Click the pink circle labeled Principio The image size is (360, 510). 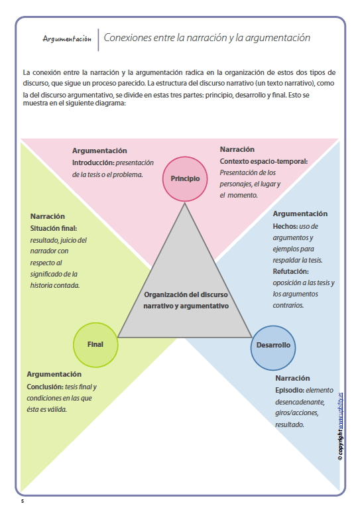coord(184,178)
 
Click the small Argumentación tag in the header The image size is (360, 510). coord(67,39)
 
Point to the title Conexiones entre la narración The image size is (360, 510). coord(207,38)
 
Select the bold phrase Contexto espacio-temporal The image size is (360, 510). coord(263,161)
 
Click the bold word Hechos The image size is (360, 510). coord(285,226)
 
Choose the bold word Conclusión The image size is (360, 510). coord(44,387)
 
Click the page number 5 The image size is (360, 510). coord(22,501)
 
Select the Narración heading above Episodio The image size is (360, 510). coord(292,378)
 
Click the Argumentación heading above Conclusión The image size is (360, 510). coord(54,374)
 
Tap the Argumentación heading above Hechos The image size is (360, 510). coord(300,214)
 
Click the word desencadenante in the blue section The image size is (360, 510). coord(299,401)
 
